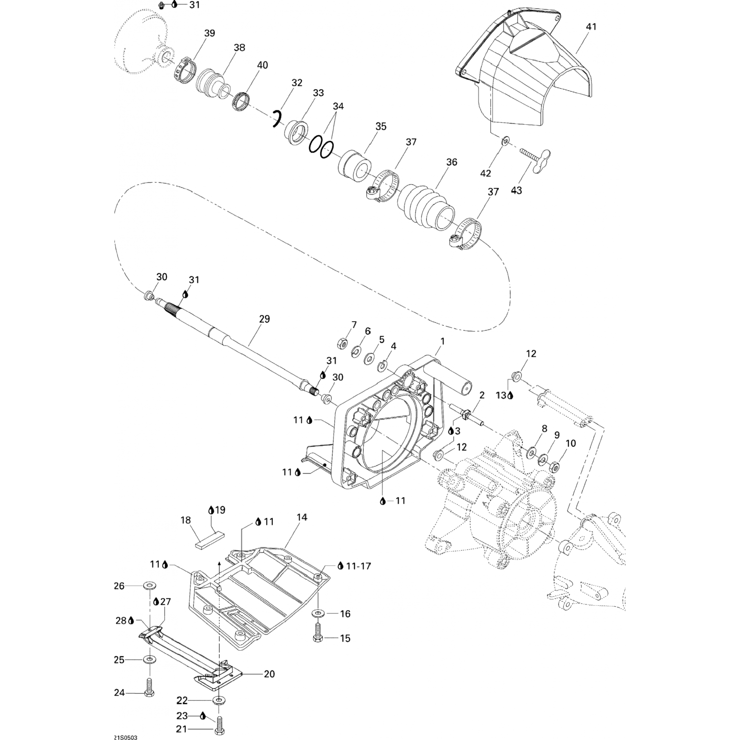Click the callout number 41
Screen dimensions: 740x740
591,27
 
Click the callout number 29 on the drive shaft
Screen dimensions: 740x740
264,319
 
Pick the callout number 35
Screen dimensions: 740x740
381,127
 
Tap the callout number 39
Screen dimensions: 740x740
210,33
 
